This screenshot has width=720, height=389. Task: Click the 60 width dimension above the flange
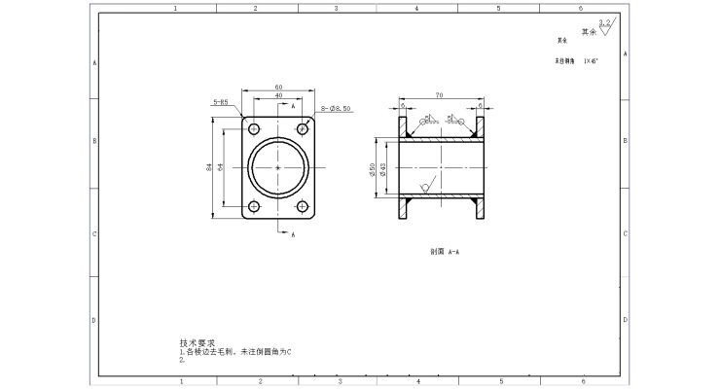pyautogui.click(x=278, y=87)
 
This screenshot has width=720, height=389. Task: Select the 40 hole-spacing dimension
pyautogui.click(x=278, y=95)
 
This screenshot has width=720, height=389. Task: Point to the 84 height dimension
pyautogui.click(x=209, y=167)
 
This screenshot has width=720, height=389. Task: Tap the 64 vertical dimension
pyautogui.click(x=221, y=167)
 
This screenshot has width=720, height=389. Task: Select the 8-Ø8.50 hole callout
pyautogui.click(x=336, y=108)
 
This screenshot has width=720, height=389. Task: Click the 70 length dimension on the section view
pyautogui.click(x=441, y=95)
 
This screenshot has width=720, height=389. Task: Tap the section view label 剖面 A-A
pyautogui.click(x=445, y=250)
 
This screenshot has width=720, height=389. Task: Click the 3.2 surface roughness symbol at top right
pyautogui.click(x=604, y=26)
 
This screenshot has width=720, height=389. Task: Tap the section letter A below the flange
pyautogui.click(x=293, y=233)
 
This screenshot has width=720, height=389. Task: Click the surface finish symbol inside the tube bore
pyautogui.click(x=425, y=185)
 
